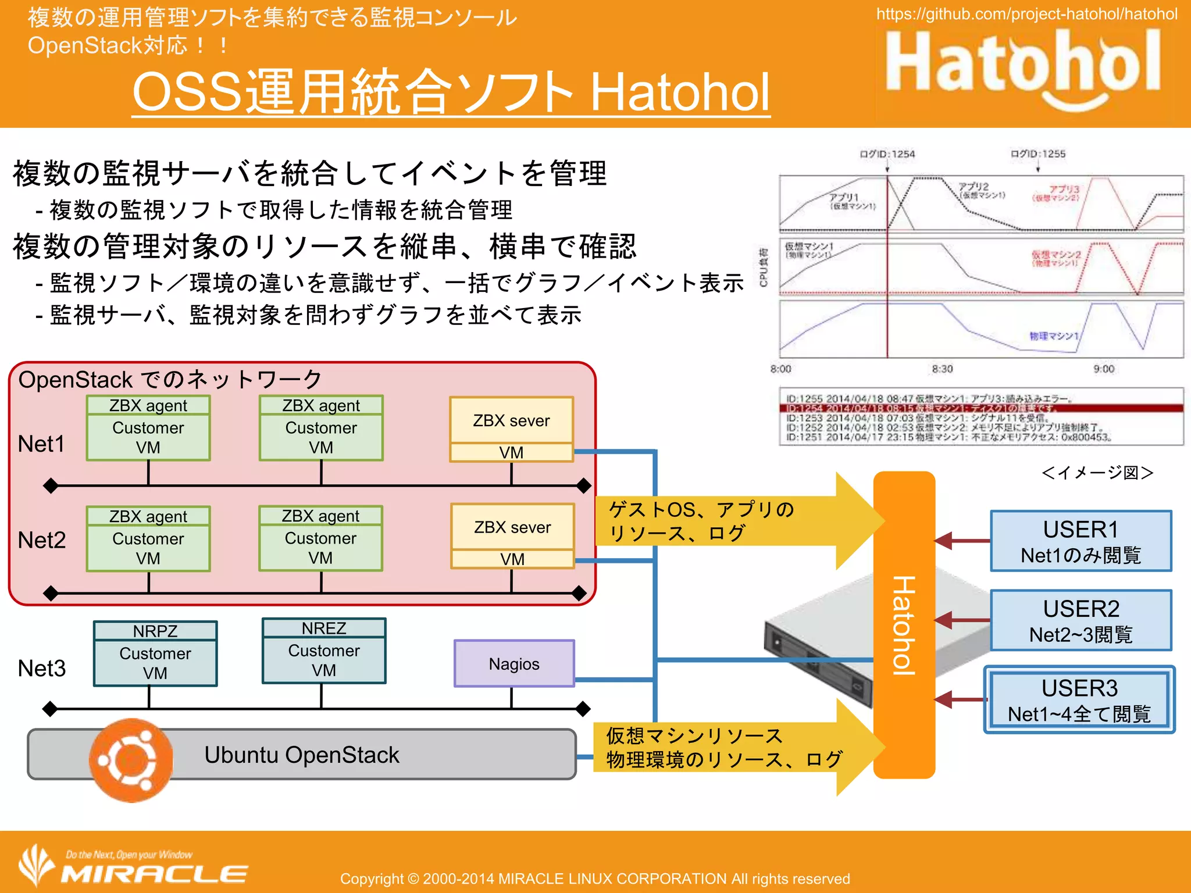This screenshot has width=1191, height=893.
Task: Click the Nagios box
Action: coord(514,663)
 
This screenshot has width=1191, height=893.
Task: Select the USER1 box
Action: coord(1081,541)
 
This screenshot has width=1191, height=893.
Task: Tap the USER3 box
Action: coord(1079,699)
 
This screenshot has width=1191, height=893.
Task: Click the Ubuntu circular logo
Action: coord(131,760)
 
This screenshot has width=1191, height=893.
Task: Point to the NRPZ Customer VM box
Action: coord(155,653)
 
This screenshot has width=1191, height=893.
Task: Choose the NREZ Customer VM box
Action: coord(324,651)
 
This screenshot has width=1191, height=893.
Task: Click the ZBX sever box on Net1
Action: coord(511,429)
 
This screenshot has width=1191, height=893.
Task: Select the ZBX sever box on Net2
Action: coord(512,535)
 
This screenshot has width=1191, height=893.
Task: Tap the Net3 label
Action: coord(41,669)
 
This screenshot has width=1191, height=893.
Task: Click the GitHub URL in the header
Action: coord(1026,14)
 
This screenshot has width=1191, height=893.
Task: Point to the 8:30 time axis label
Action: coord(942,369)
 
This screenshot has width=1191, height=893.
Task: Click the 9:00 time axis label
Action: coord(1103,369)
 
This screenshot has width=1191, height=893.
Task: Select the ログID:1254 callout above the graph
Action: coord(887,154)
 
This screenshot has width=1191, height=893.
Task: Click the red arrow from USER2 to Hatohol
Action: coord(962,620)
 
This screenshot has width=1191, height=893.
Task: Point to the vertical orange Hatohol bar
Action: coord(904,625)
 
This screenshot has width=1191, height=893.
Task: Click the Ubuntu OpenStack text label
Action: coord(301,755)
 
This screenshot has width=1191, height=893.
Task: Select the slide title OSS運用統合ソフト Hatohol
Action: coord(451,92)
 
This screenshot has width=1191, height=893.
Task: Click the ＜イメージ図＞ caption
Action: coord(1097,473)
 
